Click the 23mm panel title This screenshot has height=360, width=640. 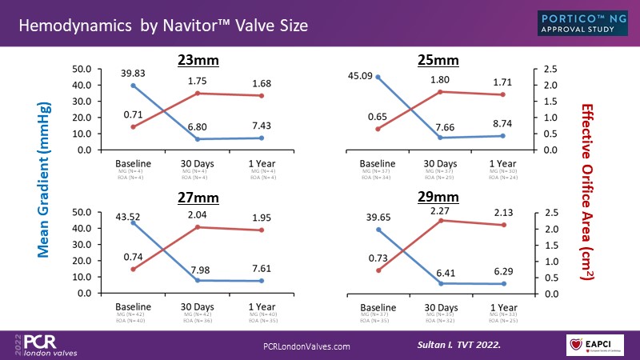click(199, 60)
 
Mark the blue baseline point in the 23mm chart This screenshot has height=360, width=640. click(133, 85)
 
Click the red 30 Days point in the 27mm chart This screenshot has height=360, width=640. click(198, 227)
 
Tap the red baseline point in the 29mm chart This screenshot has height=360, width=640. click(378, 270)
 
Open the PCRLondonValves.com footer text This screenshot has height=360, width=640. click(307, 346)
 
